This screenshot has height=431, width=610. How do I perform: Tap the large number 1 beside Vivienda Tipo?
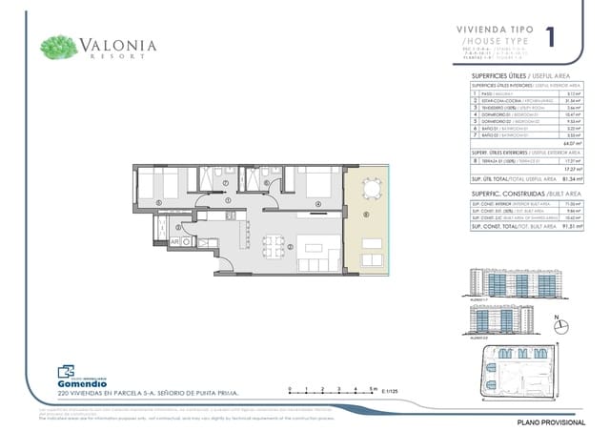(x=551, y=38)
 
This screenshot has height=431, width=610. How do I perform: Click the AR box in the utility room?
(x=174, y=243)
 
